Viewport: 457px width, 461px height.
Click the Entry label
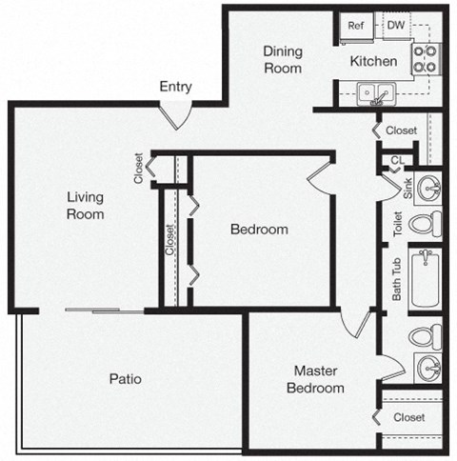[175, 87]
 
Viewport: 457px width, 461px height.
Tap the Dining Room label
[283, 60]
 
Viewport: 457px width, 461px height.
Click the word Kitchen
[373, 61]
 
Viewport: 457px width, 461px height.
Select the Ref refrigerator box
[357, 26]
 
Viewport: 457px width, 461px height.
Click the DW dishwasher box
[394, 26]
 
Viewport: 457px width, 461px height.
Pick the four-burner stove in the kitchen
[425, 58]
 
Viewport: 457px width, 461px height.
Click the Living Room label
[85, 206]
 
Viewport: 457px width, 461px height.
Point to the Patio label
[125, 378]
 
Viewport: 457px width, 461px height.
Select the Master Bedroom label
[318, 379]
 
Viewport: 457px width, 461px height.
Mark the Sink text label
[407, 187]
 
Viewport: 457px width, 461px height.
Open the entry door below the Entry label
[176, 113]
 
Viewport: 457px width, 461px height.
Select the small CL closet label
[396, 160]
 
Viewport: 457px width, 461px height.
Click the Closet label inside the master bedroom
[408, 417]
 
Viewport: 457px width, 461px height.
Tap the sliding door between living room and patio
[106, 311]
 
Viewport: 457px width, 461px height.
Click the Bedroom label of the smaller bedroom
[259, 230]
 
